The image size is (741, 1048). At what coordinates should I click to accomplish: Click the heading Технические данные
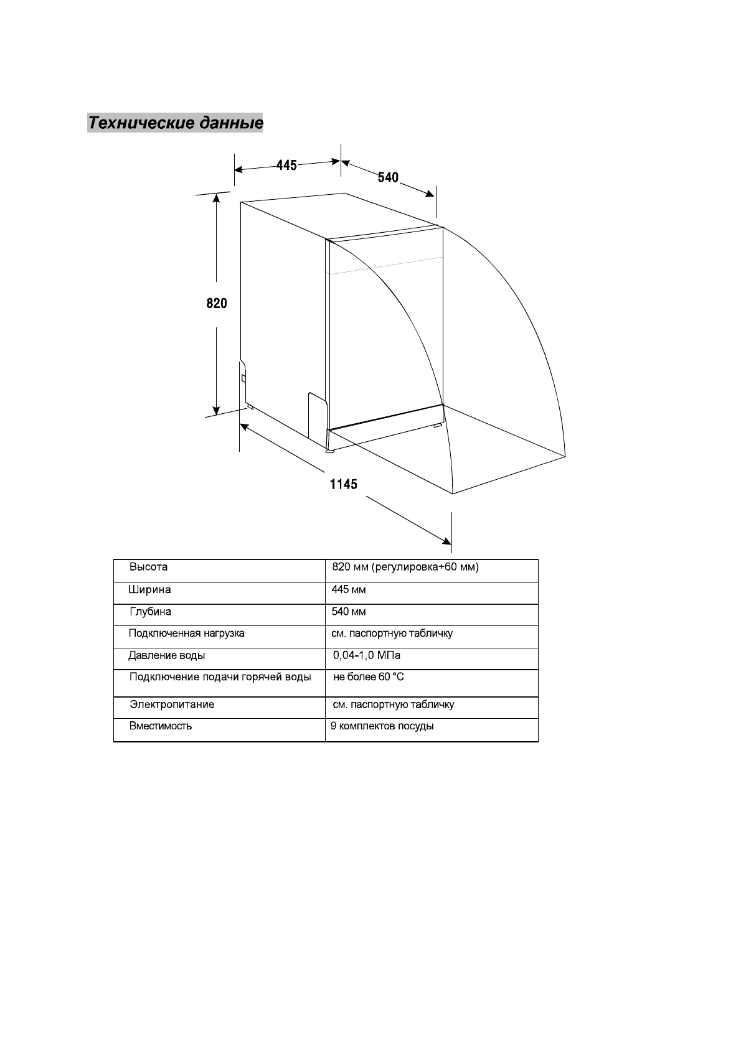click(175, 123)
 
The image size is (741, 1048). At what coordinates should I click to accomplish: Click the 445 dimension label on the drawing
click(286, 166)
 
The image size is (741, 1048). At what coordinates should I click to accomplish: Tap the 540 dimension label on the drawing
click(388, 177)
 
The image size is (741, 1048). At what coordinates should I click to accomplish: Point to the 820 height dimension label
click(217, 304)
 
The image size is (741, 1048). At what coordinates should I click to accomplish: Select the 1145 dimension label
click(344, 484)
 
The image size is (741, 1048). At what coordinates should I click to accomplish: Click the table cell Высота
click(148, 568)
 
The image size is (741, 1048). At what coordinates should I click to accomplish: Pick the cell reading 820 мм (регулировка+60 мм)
click(405, 568)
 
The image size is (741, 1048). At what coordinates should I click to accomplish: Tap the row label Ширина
click(149, 590)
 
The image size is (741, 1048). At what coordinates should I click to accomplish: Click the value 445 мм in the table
click(349, 590)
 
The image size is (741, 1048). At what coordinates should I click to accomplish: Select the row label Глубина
click(150, 612)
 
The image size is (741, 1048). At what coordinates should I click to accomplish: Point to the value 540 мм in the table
click(349, 612)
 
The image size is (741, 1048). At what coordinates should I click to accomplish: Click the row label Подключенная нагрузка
click(186, 634)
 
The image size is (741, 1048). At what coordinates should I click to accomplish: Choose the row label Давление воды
click(166, 655)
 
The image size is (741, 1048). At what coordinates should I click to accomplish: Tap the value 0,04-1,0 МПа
click(367, 655)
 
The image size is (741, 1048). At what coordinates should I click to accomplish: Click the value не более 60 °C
click(369, 677)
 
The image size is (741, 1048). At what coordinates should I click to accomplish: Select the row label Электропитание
click(172, 704)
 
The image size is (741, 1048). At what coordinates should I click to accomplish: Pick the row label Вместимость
click(161, 726)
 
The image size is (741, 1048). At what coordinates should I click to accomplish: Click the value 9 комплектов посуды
click(382, 726)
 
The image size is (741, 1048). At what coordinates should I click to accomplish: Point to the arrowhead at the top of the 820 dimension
click(216, 199)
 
